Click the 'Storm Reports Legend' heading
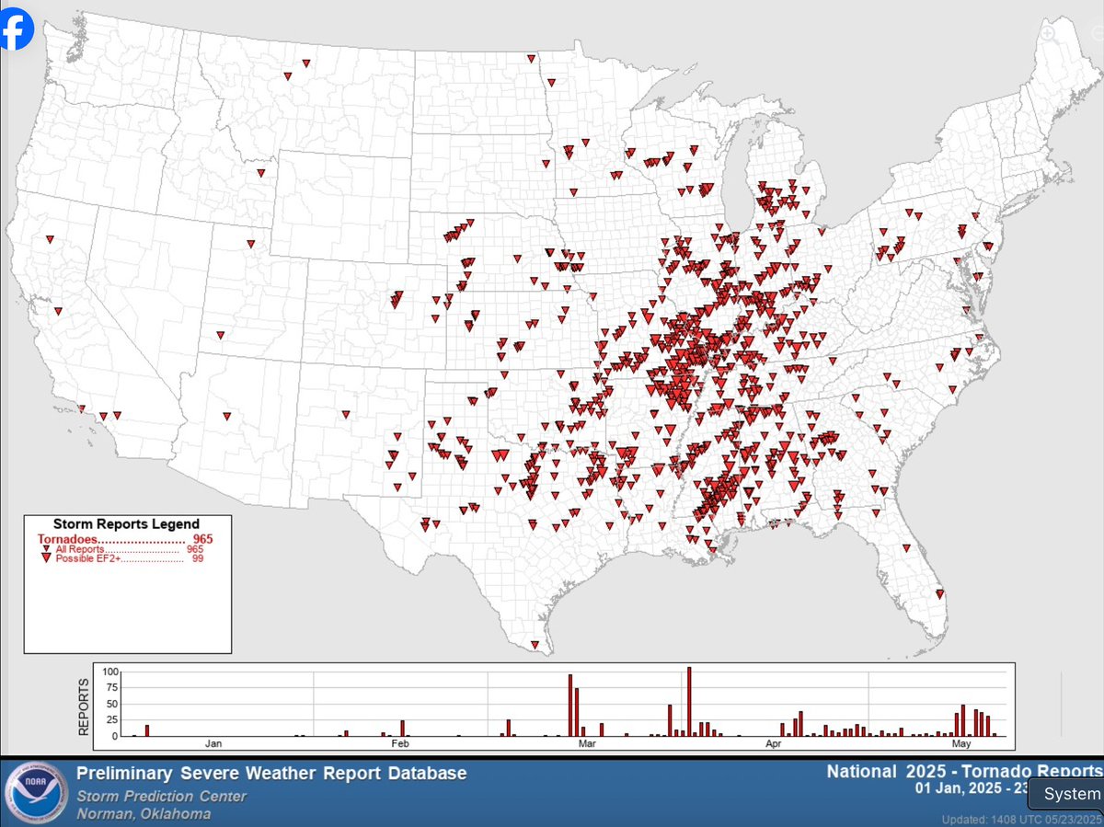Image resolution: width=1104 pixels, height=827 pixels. tap(126, 524)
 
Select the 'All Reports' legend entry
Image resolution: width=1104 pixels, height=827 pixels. tap(80, 549)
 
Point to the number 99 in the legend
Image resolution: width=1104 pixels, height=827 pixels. tap(197, 558)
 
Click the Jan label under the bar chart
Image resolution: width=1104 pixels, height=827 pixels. tap(213, 743)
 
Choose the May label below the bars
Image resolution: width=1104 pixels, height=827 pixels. tap(962, 743)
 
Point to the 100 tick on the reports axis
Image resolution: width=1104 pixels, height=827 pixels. tap(110, 672)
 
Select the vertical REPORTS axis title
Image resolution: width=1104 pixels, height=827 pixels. tap(84, 706)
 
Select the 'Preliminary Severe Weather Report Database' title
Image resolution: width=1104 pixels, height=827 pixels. tap(271, 774)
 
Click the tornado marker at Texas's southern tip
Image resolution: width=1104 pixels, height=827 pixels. tap(535, 644)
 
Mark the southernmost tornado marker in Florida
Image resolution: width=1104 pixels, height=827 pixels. tap(939, 593)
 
